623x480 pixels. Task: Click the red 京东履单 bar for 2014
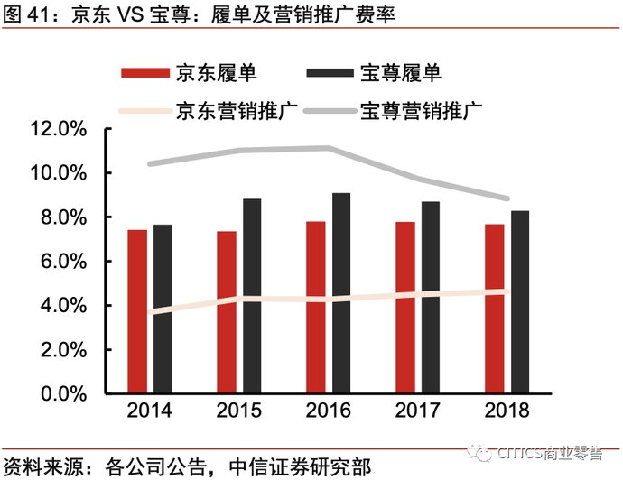(x=137, y=311)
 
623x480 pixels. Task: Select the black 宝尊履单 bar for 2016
(x=340, y=293)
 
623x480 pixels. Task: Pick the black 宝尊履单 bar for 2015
(x=252, y=296)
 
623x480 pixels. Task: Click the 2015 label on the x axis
(x=239, y=412)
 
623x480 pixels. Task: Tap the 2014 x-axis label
(x=150, y=412)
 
